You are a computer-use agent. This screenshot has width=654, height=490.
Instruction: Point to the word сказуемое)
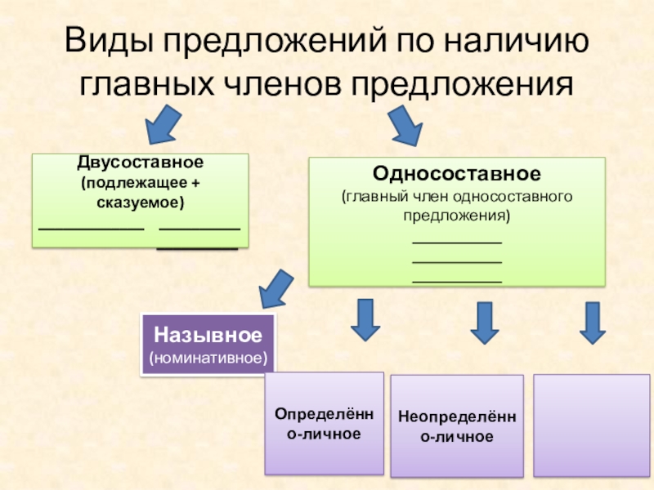click(141, 200)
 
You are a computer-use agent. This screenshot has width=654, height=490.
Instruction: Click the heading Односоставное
click(456, 174)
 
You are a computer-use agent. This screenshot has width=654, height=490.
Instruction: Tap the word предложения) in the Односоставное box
click(456, 216)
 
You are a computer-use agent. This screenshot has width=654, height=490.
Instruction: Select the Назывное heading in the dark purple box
click(208, 336)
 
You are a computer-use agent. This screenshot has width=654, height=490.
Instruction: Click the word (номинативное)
click(208, 358)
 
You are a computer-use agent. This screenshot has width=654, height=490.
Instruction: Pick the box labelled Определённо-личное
click(325, 423)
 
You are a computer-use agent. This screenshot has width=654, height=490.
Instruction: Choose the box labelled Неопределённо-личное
click(456, 426)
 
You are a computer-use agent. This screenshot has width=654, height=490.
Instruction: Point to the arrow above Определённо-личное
click(364, 320)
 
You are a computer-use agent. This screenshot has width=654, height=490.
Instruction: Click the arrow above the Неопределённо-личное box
click(485, 323)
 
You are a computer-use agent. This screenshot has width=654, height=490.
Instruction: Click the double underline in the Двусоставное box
click(199, 239)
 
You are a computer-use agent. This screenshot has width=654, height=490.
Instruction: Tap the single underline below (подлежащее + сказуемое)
click(91, 231)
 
